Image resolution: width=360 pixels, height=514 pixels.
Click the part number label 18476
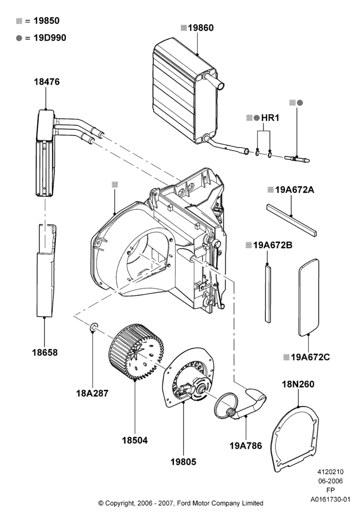pos(47,82)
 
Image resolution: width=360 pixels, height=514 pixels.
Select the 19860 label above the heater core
pos(201,28)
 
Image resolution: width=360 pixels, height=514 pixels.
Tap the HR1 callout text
pos(270,118)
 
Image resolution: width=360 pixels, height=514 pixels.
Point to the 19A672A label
pos(294,190)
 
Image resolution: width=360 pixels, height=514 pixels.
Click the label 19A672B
pos(273,245)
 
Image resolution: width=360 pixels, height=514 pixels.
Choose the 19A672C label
pos(310,357)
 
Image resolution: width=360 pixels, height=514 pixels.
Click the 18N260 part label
pos(298,384)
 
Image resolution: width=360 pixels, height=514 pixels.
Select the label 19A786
pos(246,446)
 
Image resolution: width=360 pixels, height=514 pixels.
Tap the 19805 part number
pos(183,462)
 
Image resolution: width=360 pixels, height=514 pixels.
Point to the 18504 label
pos(135,440)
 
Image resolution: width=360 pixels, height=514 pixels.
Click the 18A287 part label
pos(92,393)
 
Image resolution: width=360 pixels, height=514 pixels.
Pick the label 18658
pos(45,353)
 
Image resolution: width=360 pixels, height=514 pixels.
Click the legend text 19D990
pos(50,38)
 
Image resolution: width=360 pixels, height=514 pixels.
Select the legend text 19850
pos(47,21)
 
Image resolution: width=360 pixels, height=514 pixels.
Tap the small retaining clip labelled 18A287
pos(94,327)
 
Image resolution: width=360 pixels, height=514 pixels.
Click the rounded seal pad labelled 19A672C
pos(309,297)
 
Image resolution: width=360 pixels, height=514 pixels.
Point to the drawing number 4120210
pos(330,472)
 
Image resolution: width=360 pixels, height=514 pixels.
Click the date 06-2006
pos(330,481)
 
